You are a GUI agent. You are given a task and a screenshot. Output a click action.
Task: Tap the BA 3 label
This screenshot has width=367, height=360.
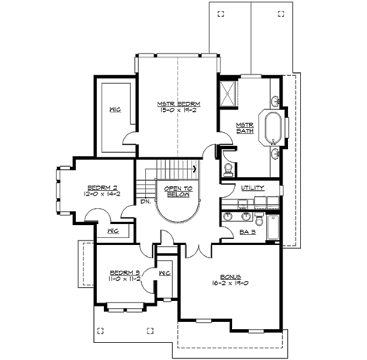(x=248, y=231)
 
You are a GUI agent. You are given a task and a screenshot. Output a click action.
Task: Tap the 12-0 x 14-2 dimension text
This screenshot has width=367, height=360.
(x=102, y=196)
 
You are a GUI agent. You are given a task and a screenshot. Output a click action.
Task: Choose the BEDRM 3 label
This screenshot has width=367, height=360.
(x=123, y=272)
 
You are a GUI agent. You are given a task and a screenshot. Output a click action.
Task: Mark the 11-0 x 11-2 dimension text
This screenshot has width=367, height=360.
(x=123, y=279)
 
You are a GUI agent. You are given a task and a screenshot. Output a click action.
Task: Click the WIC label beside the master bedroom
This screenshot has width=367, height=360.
(x=113, y=109)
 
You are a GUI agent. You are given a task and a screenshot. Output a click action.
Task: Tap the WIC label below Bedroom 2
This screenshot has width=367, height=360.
(x=113, y=231)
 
